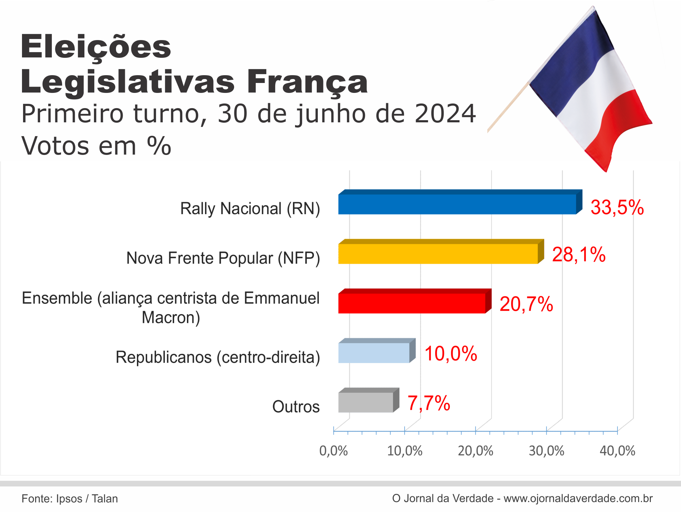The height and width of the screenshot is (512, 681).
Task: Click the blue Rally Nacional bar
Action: (458, 204)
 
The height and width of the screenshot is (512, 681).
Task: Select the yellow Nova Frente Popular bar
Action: (438, 254)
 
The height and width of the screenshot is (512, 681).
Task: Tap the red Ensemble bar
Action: (411, 303)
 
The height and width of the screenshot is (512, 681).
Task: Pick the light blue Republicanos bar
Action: (374, 353)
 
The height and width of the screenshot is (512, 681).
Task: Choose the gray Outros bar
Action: (366, 402)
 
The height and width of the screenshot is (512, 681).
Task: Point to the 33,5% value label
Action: (617, 207)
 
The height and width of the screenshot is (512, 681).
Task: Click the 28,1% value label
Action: (579, 255)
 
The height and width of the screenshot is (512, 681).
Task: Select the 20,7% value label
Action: (526, 304)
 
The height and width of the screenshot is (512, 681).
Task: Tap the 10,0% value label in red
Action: (451, 354)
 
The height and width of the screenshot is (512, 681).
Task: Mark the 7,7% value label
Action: (429, 404)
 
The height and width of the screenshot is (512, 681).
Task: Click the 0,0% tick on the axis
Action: (333, 451)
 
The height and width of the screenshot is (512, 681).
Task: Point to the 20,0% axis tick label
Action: (476, 451)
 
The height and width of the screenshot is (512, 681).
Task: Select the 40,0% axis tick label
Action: (618, 451)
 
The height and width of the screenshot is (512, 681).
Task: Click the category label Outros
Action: (296, 407)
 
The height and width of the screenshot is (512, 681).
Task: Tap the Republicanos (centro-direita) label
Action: (218, 357)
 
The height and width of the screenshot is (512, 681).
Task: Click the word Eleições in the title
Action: (96, 47)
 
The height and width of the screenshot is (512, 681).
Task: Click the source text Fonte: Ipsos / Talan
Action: (70, 499)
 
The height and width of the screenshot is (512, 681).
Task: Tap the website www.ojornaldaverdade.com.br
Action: (578, 499)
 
